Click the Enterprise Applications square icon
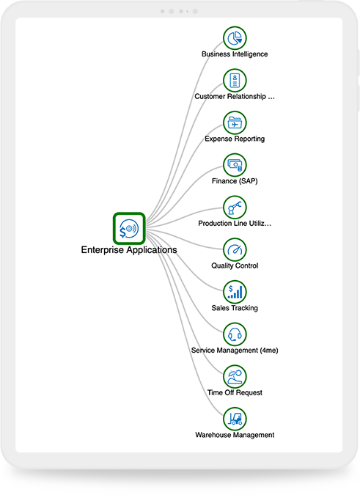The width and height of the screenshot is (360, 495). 129,228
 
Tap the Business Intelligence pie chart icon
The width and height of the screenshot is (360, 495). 235,38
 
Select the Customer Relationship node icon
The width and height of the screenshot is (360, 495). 235,81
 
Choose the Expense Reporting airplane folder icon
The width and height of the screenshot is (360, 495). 235,122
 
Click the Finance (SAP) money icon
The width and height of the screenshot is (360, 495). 235,165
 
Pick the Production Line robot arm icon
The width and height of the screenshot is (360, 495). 235,208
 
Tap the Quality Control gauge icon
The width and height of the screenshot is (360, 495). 235,250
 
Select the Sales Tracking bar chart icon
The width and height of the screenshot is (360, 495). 235,292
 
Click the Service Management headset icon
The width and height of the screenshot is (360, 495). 235,334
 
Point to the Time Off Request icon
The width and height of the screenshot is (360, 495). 235,377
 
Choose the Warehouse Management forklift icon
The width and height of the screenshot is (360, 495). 235,419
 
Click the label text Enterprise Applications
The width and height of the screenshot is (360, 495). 129,250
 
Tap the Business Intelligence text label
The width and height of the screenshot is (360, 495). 235,54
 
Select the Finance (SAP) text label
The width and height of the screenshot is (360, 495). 235,181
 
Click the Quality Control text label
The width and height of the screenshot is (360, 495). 235,265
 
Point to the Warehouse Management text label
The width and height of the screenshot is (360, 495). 235,435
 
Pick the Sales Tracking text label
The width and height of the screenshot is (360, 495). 235,308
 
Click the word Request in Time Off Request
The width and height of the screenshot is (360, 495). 249,393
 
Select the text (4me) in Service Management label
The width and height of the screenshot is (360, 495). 269,351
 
